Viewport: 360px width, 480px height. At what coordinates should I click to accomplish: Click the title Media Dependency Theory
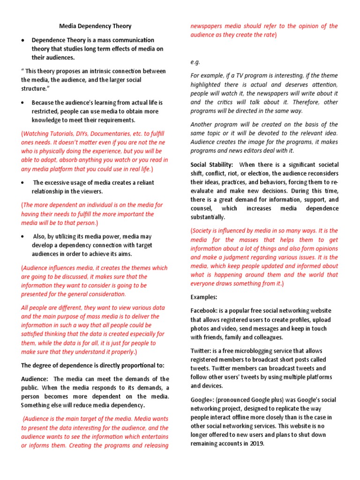(95, 26)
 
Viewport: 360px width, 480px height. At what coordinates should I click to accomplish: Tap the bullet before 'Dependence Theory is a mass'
(23, 41)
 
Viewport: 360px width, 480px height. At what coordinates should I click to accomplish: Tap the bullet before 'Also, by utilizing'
(23, 237)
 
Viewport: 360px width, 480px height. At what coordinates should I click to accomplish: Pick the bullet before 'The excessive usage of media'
(23, 183)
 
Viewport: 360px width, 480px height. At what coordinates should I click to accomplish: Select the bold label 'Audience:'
(35, 379)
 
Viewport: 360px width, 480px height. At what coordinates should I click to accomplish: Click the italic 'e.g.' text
(195, 62)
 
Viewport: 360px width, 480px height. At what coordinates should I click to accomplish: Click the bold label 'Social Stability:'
(212, 165)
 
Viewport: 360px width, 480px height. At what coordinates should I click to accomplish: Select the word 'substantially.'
(208, 217)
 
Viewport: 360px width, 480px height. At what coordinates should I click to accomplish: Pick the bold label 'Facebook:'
(205, 311)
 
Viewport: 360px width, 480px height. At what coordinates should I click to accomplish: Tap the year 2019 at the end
(257, 444)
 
